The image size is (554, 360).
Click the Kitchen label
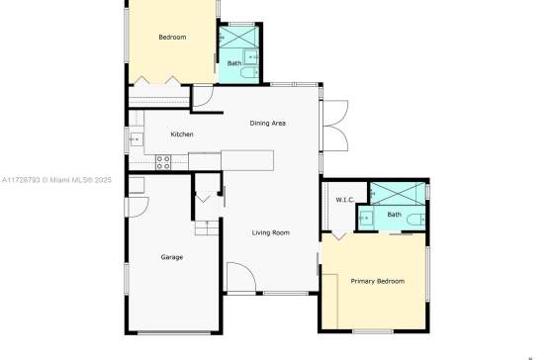[182, 135]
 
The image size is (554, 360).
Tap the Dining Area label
[268, 123]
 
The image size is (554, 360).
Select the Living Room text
[271, 232]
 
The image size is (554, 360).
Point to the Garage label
[172, 257]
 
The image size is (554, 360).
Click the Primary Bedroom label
[378, 281]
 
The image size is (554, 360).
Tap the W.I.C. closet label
[345, 200]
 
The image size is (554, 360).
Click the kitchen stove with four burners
[163, 162]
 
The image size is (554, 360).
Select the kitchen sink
[137, 139]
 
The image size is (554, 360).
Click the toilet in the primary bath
[416, 219]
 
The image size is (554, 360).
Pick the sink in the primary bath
[366, 219]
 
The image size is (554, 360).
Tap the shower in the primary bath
[398, 193]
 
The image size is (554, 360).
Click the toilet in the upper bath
[249, 72]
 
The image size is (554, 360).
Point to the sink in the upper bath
[251, 57]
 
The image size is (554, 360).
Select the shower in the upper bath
[238, 37]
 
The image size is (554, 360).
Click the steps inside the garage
[207, 227]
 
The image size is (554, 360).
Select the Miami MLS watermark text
[56, 180]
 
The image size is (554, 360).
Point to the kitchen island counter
[247, 161]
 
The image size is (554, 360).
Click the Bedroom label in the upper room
[172, 38]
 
